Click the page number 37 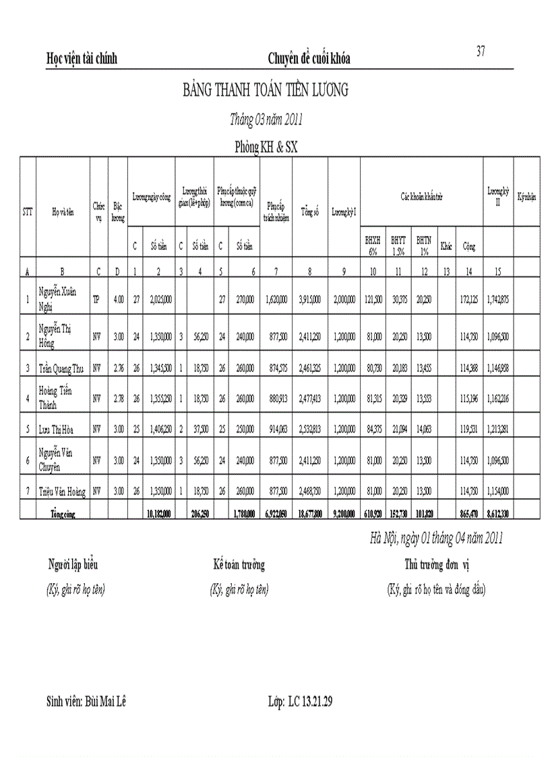(x=481, y=51)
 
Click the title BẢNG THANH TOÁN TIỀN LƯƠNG (x=266, y=91)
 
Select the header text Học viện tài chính (x=82, y=59)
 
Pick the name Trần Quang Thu (x=62, y=368)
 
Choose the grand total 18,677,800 (x=309, y=514)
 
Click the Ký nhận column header (x=526, y=197)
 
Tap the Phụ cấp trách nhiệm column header (x=276, y=211)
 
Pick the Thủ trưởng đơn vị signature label (x=437, y=565)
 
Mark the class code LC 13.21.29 (x=310, y=702)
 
